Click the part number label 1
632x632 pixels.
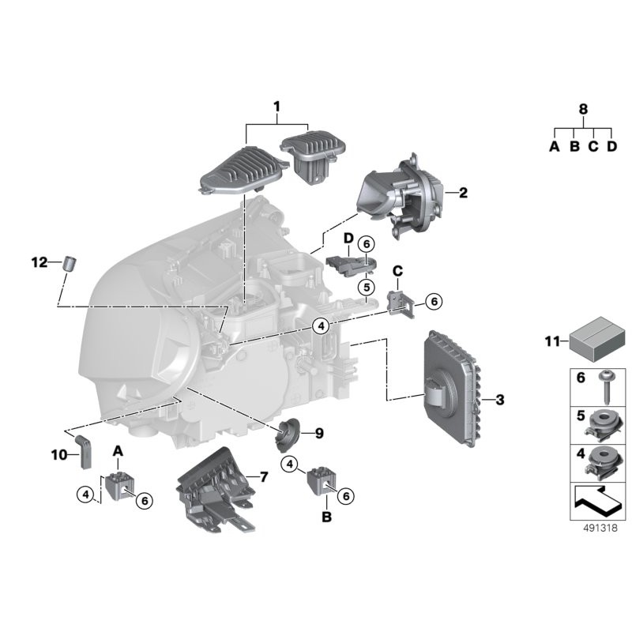[x=277, y=106]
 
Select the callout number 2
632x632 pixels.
[x=463, y=192]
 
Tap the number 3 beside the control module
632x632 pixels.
[x=500, y=401]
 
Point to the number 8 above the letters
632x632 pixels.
[x=583, y=110]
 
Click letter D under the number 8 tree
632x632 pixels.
[x=611, y=147]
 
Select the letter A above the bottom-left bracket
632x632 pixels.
[x=118, y=450]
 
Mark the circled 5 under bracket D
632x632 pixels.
[x=367, y=288]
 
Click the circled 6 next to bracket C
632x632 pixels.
[x=433, y=301]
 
